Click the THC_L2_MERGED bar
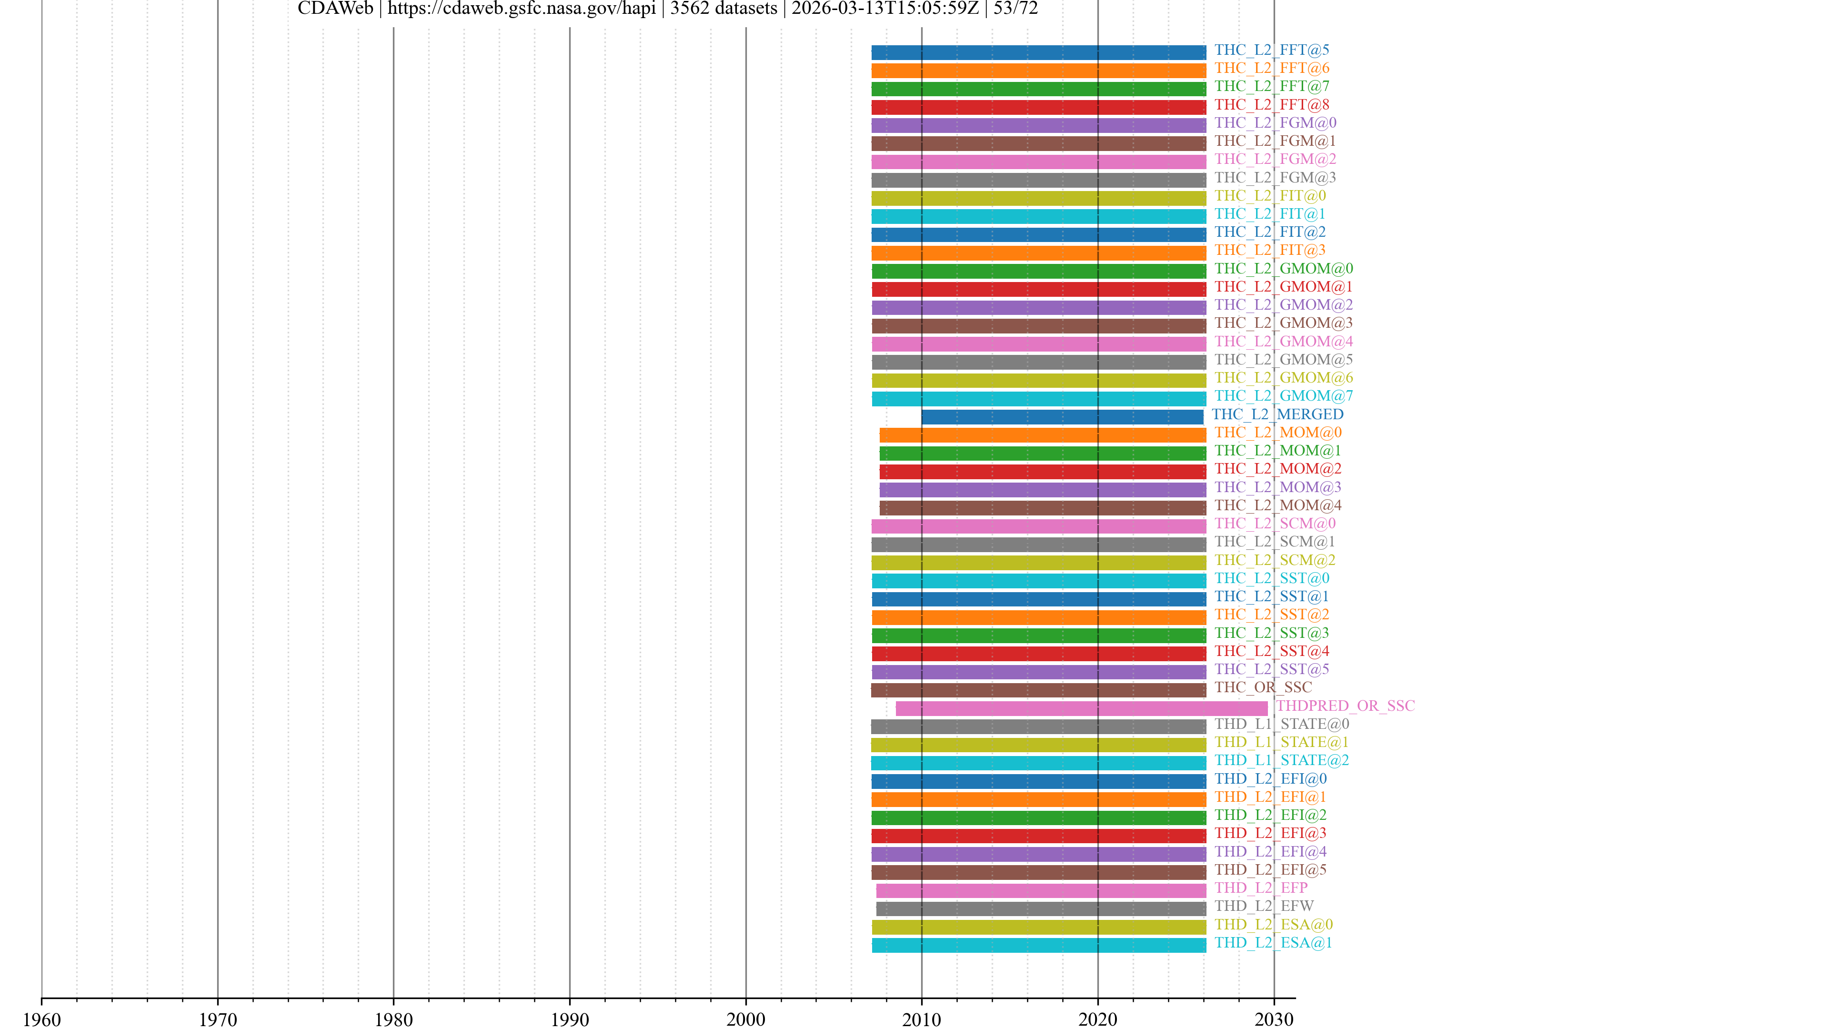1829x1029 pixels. click(1062, 417)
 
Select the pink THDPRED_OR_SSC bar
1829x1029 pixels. click(1081, 708)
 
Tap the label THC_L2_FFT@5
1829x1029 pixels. click(1271, 50)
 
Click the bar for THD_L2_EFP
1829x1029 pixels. click(1041, 890)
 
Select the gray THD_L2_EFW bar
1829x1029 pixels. click(1041, 908)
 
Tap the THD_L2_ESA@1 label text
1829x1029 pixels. click(1273, 942)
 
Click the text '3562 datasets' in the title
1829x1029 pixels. click(724, 9)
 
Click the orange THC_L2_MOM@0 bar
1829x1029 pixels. click(1042, 435)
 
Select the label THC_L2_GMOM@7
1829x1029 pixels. click(1283, 395)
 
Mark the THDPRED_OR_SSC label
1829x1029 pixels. click(1345, 706)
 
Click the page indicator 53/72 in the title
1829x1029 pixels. click(1015, 9)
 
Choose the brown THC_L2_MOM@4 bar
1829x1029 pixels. click(1042, 508)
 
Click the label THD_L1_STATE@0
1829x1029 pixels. click(1282, 724)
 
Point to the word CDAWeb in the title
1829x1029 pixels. click(335, 9)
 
